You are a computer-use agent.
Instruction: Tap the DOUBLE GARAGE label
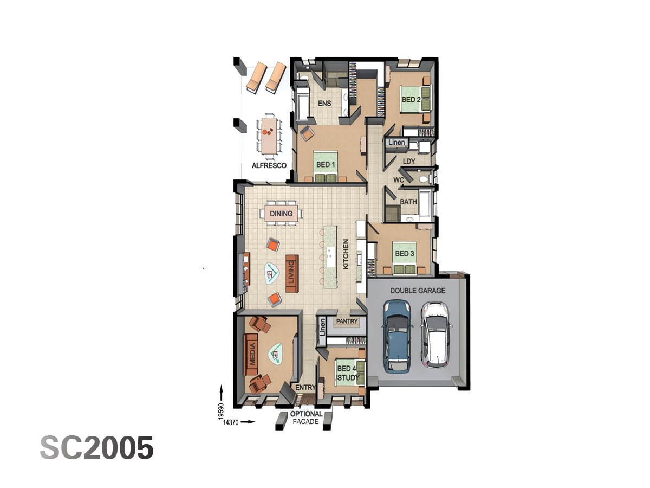418,291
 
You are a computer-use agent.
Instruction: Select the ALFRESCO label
269,165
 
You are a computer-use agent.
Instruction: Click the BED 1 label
326,164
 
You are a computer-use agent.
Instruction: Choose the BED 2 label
411,100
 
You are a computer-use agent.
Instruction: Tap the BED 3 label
405,254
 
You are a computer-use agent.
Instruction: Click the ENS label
324,104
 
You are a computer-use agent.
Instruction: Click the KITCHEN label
346,255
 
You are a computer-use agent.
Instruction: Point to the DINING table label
281,214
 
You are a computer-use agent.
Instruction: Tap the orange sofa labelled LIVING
291,273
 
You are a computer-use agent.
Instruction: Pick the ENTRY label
306,388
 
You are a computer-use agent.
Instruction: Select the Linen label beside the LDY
397,143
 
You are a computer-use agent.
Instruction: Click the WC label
399,179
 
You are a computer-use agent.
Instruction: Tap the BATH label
408,202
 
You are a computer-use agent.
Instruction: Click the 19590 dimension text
221,410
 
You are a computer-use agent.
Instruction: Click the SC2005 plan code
96,448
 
